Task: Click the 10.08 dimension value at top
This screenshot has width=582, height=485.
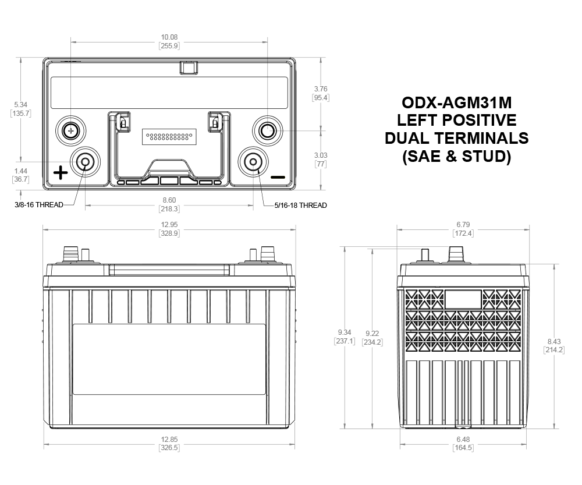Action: pos(169,37)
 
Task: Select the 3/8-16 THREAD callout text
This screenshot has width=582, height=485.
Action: pos(39,204)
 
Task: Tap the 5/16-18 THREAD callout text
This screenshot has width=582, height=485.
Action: pos(301,206)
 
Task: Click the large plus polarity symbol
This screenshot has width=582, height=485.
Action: pos(61,173)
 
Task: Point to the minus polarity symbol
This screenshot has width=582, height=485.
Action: pos(278,177)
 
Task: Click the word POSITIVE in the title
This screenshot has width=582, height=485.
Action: pos(480,120)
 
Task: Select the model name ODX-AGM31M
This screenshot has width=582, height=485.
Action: pos(456,102)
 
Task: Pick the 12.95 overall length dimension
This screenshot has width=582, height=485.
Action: pos(169,225)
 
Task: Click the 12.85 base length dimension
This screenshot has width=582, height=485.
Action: pos(169,440)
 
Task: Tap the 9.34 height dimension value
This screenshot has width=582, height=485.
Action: pos(345,332)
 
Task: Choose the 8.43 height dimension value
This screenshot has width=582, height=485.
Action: pos(554,341)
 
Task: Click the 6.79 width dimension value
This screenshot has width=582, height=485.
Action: pos(463,225)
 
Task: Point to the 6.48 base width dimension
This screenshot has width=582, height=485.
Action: pos(463,440)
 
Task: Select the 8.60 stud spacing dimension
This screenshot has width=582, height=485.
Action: pos(169,200)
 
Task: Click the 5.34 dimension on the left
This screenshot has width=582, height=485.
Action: pos(21,105)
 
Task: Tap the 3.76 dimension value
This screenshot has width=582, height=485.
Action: pos(321,88)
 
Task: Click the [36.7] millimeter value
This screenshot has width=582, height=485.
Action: pos(21,179)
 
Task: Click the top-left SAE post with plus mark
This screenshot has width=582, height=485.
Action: pos(70,130)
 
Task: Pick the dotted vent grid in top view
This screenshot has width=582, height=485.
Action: pos(169,137)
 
